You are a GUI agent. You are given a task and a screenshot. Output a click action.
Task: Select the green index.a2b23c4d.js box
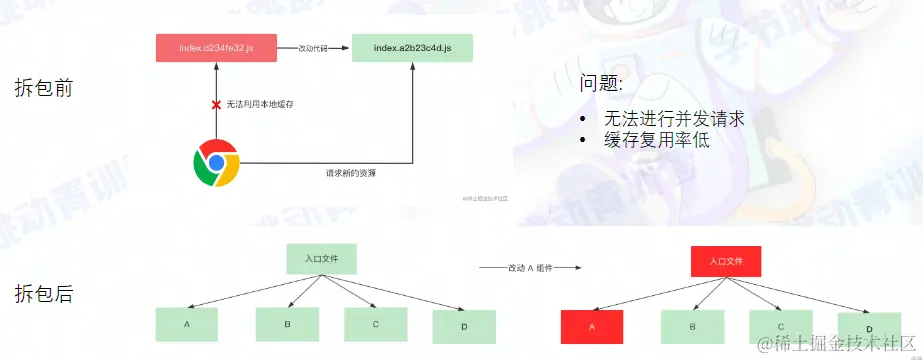(412, 49)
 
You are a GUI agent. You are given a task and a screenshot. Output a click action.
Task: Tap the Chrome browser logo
(216, 164)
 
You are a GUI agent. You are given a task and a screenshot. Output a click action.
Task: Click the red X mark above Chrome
(215, 104)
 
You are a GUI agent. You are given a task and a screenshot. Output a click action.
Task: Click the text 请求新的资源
(350, 172)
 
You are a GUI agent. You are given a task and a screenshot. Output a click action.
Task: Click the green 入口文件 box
(321, 258)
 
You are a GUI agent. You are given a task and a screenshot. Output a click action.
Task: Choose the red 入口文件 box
(726, 261)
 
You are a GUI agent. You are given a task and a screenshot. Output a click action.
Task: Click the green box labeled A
(187, 325)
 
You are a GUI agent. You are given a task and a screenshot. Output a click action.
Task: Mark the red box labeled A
(592, 326)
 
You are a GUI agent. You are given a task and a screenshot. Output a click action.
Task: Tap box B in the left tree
(287, 324)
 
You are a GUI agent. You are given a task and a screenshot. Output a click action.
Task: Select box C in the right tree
(781, 324)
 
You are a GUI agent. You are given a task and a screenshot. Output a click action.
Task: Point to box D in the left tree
(465, 327)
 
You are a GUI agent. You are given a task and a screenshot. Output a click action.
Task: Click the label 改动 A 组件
(530, 268)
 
